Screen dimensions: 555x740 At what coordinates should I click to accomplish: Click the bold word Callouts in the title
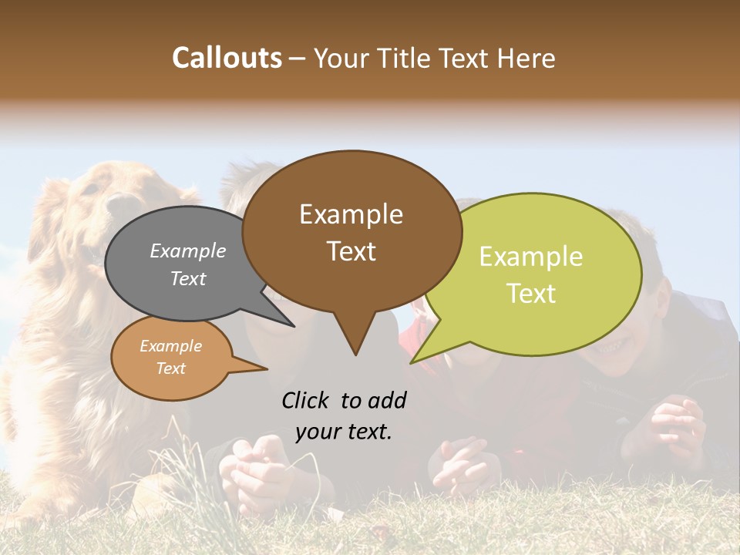click(x=227, y=58)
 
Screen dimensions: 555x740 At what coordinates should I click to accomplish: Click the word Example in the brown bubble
click(x=351, y=214)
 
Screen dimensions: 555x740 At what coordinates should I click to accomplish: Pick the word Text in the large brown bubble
click(x=351, y=251)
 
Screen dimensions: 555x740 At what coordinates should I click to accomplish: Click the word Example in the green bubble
click(x=531, y=257)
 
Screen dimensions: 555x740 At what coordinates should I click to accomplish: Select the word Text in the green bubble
click(x=531, y=294)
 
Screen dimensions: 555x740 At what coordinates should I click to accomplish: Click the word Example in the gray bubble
click(x=187, y=251)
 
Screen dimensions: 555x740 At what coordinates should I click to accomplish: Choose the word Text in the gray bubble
click(x=187, y=278)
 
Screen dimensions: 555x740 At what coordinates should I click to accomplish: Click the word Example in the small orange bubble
click(x=170, y=346)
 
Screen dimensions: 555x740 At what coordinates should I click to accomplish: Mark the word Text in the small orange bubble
click(x=170, y=368)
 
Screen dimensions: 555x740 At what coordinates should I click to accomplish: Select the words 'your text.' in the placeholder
click(x=344, y=432)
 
